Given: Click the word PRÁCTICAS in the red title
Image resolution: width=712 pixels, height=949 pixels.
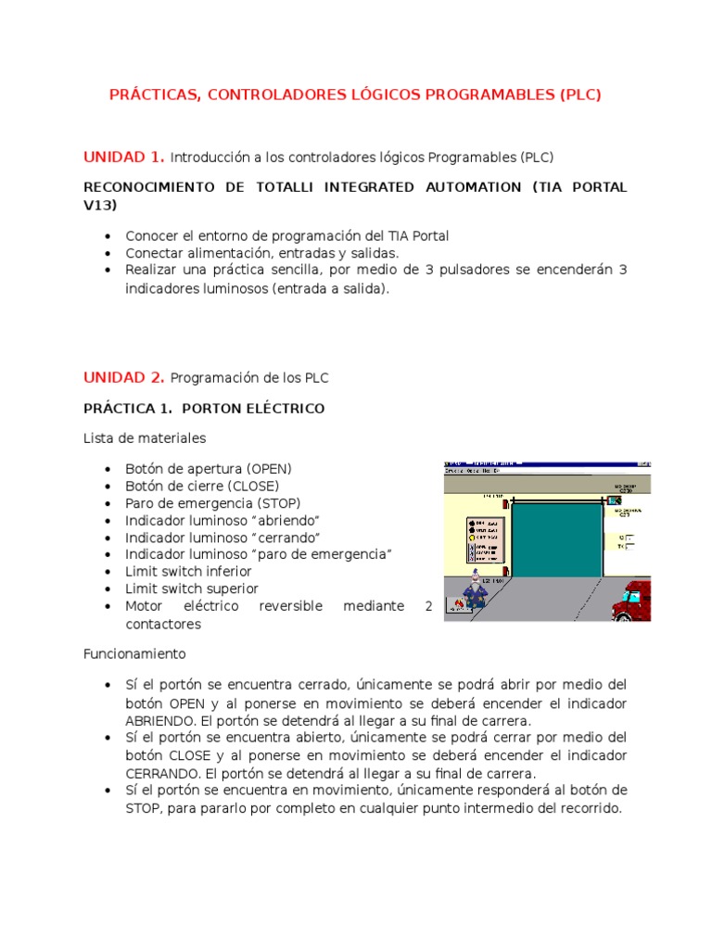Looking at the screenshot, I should (152, 95).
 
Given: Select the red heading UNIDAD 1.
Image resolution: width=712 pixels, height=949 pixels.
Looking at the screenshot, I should (124, 156).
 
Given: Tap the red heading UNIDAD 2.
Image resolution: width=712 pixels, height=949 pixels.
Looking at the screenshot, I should (124, 377).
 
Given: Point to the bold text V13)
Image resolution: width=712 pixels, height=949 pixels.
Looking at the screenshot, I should (100, 204).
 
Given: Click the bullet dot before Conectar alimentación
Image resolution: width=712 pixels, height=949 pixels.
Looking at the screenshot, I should (110, 253).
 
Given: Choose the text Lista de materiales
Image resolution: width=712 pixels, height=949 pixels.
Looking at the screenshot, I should (145, 437).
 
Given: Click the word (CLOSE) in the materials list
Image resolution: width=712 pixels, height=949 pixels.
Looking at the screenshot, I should (248, 486).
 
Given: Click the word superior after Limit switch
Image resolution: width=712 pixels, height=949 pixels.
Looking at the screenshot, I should (229, 588).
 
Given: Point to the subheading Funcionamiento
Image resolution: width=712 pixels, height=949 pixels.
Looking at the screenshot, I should (133, 652).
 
